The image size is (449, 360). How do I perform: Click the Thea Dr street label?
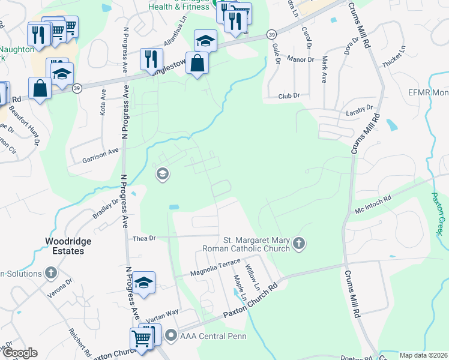click(144, 238)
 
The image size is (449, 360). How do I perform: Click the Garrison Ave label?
click(101, 154)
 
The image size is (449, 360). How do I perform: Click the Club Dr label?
click(289, 95)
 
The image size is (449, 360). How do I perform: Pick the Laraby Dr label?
click(360, 108)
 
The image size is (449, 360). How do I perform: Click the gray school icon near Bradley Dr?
click(161, 175)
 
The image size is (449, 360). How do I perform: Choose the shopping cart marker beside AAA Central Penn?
click(141, 337)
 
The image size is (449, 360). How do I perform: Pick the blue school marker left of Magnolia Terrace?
click(145, 282)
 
